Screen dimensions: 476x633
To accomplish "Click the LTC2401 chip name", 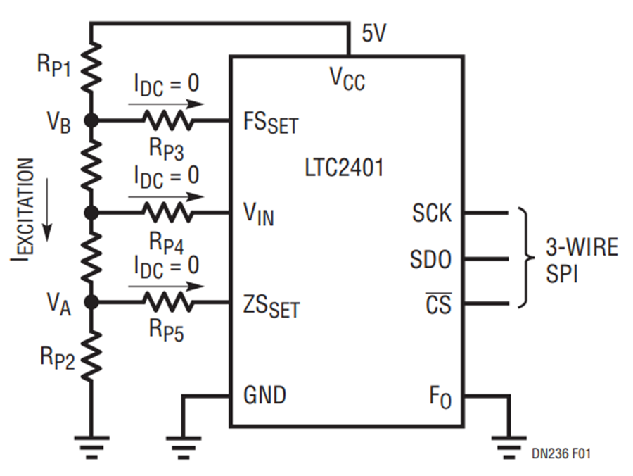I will [x=345, y=168].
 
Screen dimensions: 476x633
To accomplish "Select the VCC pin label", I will [x=347, y=79].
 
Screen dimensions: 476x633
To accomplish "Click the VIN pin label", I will [x=258, y=213].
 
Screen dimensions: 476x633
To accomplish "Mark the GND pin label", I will [x=264, y=395].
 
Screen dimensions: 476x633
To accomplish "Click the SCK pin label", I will [x=430, y=213].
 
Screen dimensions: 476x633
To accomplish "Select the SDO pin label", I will [x=430, y=260].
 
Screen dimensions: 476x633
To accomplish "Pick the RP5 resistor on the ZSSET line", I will [x=167, y=303].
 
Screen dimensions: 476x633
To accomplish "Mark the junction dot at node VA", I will [x=91, y=303].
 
